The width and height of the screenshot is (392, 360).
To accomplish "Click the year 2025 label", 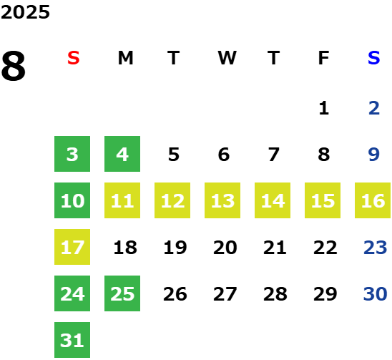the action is (25, 12).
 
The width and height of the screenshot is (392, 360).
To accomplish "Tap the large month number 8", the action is (14, 66).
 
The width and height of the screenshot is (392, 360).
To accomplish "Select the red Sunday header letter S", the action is (74, 58).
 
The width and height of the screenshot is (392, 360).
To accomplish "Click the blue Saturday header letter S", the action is (373, 58).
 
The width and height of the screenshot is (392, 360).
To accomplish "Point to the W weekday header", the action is (227, 58).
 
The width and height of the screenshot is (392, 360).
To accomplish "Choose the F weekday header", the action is (323, 58).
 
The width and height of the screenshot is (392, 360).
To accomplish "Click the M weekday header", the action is (125, 58).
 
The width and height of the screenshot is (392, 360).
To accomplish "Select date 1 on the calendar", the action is (324, 108).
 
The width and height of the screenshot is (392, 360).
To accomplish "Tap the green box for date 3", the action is (72, 154).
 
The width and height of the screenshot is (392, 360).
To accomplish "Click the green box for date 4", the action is (122, 154).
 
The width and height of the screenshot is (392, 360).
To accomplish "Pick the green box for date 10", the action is (72, 200).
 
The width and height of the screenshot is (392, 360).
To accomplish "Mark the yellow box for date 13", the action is (222, 200).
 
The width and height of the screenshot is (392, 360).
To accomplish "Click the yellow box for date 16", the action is (373, 200).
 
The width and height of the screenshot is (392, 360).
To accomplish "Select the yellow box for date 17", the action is (72, 247).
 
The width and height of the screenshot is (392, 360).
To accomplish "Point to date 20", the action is (225, 248).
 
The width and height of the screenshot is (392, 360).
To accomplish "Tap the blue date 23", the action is (376, 248).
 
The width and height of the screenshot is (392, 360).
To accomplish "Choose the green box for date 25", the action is (122, 293).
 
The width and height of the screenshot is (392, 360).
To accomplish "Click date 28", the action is (275, 294).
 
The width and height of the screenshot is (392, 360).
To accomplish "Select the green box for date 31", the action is (72, 340).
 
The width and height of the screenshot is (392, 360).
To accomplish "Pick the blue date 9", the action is (374, 155).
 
